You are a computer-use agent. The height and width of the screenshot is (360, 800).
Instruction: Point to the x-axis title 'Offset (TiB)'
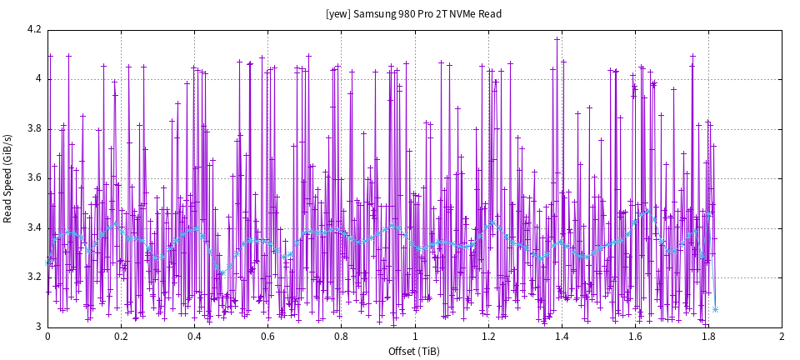pos(414,351)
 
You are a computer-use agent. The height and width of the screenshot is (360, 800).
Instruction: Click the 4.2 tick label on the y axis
pos(34,30)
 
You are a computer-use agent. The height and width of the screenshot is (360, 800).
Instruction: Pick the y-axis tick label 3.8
pos(34,129)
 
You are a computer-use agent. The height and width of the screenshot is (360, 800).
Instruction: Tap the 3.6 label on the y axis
pos(34,178)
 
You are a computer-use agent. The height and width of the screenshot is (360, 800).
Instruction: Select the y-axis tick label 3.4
pos(34,227)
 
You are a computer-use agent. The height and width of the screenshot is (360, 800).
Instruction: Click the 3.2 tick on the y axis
pos(34,277)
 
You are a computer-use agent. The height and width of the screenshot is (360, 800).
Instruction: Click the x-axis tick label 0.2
pos(121,337)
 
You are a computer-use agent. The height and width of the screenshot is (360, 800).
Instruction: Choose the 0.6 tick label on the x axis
pos(267,337)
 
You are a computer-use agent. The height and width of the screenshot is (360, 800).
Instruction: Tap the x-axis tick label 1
pos(415,337)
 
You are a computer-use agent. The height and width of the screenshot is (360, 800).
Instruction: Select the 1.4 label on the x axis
pos(562,337)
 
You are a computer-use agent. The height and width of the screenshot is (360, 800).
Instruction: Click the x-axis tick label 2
pos(782,337)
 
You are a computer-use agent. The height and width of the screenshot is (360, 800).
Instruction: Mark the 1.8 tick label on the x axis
pos(708,337)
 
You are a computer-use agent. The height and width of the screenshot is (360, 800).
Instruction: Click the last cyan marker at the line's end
pos(715,309)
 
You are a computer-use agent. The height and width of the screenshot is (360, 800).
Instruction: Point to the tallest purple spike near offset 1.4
pos(557,38)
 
